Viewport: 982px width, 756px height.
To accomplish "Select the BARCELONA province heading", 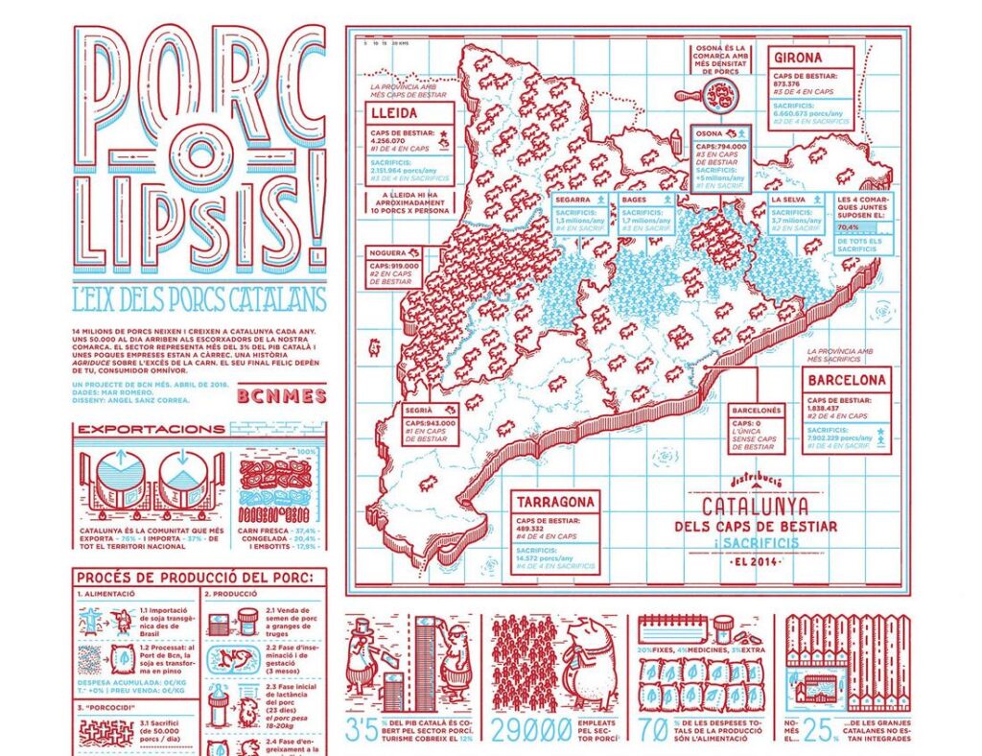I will pos(846,381).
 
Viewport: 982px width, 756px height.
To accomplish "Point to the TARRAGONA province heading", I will pos(555,502).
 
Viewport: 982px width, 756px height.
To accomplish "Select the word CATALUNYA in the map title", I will pos(755,506).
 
